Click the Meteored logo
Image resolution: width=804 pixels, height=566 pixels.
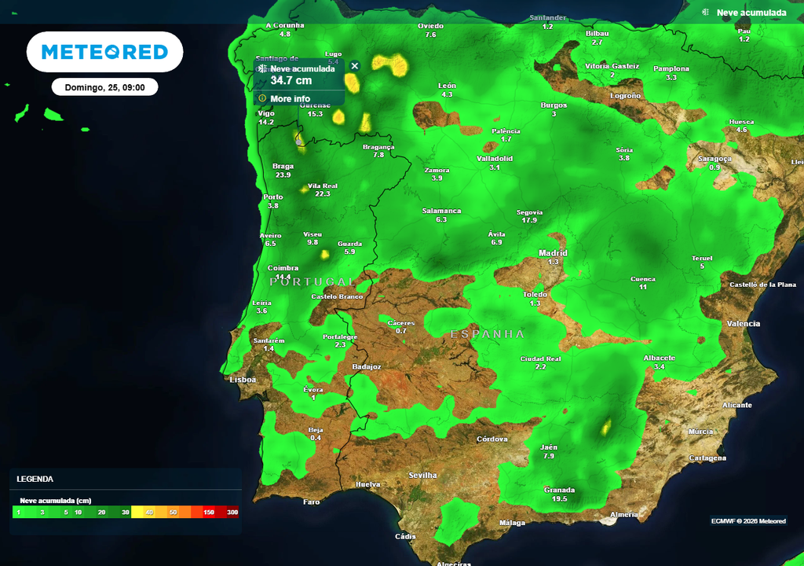point(104,52)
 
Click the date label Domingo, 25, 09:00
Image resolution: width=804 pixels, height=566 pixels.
point(104,87)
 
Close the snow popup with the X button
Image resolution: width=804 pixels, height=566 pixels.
point(355,66)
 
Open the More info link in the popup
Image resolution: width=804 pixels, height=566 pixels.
point(290,99)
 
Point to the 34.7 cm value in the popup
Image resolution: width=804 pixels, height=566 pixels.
point(291,80)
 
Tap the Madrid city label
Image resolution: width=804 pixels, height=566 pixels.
point(553,253)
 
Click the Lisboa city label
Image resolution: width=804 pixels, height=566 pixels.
point(243,379)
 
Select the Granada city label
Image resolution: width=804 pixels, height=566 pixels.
point(559,490)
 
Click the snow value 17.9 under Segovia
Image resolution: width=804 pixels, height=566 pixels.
point(529,221)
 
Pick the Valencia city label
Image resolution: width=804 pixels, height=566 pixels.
point(744,324)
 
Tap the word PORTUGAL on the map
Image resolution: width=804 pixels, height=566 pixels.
point(312,281)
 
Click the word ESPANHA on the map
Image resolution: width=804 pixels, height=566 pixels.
point(488,334)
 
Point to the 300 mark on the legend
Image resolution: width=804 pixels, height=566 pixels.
point(232,513)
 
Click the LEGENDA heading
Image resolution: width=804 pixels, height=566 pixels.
point(35,479)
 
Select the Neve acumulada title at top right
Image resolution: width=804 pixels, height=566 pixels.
point(751,13)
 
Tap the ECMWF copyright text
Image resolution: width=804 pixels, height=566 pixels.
point(748,521)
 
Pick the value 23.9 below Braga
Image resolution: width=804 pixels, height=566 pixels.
point(283,175)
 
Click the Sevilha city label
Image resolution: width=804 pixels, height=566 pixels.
point(422,476)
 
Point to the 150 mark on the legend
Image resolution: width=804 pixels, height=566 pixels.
point(209,513)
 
